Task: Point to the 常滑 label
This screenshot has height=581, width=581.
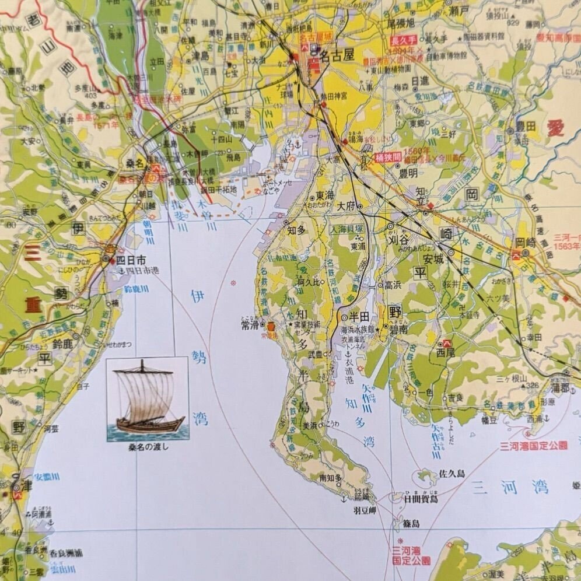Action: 249,325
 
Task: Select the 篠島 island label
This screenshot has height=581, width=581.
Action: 411,524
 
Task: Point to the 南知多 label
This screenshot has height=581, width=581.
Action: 330,478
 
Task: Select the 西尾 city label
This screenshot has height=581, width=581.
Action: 444,352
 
